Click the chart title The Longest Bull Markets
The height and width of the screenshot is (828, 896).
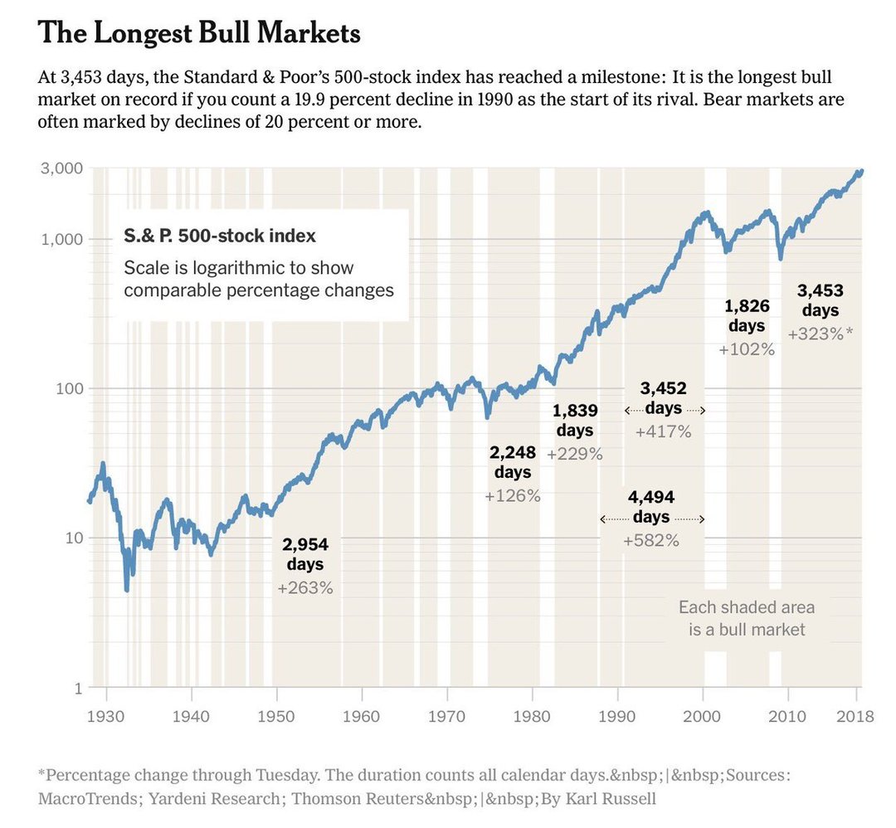(199, 34)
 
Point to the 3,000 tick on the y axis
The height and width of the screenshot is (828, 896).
(61, 168)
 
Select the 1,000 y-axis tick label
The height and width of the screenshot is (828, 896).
(61, 240)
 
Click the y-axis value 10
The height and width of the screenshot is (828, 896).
(72, 538)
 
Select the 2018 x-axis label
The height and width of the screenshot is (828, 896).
(855, 715)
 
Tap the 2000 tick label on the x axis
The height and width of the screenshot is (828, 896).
(704, 715)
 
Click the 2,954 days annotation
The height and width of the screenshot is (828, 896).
(305, 554)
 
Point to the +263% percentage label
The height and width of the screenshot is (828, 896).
(305, 587)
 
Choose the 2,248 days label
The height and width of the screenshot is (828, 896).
(513, 462)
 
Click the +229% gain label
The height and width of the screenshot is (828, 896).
(575, 454)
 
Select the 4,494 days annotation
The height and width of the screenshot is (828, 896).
(651, 507)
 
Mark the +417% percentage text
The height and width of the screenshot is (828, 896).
(663, 431)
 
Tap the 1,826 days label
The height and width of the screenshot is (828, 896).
(747, 315)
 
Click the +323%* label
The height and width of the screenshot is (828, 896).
(820, 334)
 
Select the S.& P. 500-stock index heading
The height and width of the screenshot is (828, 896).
(220, 236)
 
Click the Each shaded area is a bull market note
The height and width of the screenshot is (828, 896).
(747, 618)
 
